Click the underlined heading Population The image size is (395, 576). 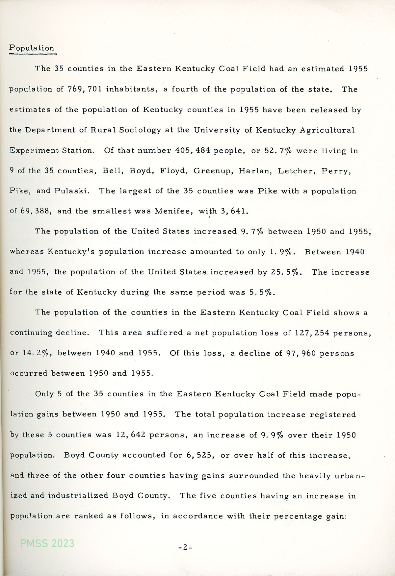click(32, 48)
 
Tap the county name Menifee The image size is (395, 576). click(173, 211)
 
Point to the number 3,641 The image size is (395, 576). click(234, 211)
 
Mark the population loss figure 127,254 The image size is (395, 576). click(308, 333)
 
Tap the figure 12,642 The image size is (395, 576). click(130, 435)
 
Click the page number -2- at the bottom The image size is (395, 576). click(185, 547)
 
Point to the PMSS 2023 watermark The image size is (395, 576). click(47, 543)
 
